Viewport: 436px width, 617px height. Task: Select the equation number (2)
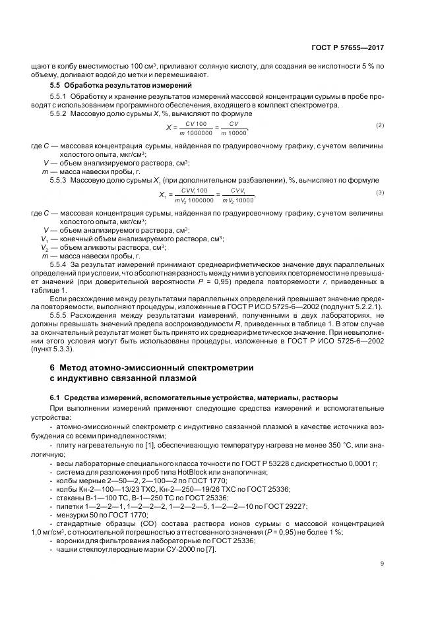pos(379,125)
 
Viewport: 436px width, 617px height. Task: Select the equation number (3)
pos(379,192)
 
